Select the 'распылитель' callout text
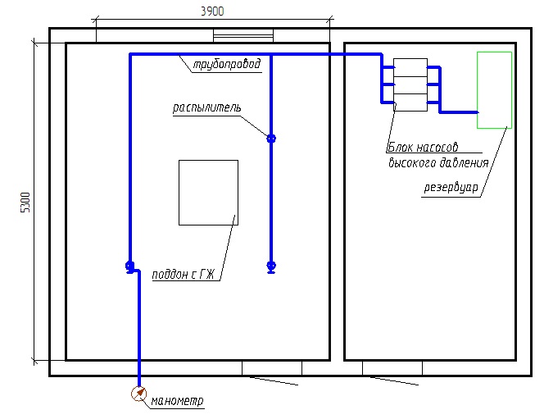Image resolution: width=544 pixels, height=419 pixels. (x=206, y=107)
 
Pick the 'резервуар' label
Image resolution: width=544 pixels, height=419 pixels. (x=450, y=186)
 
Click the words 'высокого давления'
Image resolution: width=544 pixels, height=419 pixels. (x=437, y=162)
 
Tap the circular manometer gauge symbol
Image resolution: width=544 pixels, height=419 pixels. (x=138, y=394)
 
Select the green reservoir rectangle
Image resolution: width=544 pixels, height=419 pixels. (x=494, y=89)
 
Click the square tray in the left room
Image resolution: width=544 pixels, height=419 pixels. (x=208, y=192)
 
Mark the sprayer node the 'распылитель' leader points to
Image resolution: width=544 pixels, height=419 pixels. (x=271, y=138)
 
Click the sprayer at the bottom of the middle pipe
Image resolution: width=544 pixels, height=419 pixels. (x=271, y=266)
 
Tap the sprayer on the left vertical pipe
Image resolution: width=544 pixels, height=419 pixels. (x=129, y=266)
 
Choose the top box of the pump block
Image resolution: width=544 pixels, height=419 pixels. (x=410, y=66)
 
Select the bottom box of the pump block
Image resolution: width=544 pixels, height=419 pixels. (x=410, y=102)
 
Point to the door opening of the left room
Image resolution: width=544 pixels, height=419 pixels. (x=272, y=368)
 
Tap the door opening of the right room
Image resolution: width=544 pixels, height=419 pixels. (x=392, y=368)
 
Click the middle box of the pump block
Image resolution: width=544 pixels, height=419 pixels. (x=410, y=84)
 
